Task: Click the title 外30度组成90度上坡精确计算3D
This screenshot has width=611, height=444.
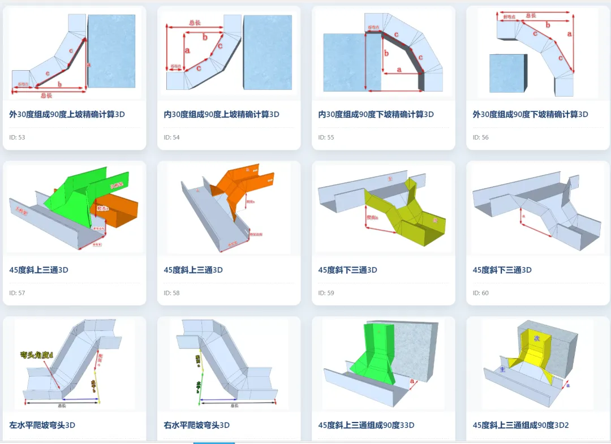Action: pyautogui.click(x=67, y=114)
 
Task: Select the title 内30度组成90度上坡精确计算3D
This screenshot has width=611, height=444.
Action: pyautogui.click(x=222, y=114)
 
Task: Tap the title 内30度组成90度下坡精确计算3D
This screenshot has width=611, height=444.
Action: pyautogui.click(x=376, y=114)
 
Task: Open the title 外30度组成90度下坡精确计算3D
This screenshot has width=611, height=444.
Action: pyautogui.click(x=531, y=114)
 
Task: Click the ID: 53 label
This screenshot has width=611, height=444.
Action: pyautogui.click(x=18, y=137)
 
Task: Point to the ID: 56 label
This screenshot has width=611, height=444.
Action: pyautogui.click(x=481, y=137)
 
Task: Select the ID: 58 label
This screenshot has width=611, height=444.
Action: pyautogui.click(x=172, y=293)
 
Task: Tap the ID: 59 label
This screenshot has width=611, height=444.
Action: pyautogui.click(x=326, y=293)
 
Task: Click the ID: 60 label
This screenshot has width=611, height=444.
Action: pyautogui.click(x=481, y=293)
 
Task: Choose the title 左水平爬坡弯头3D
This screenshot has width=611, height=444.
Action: pyautogui.click(x=42, y=425)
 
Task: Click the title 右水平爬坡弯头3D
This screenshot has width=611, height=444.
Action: pyautogui.click(x=197, y=425)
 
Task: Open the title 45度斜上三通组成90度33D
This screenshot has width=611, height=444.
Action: pyautogui.click(x=367, y=425)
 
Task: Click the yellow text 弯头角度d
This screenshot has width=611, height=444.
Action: pyautogui.click(x=37, y=355)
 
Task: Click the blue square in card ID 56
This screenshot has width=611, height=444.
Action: pyautogui.click(x=506, y=72)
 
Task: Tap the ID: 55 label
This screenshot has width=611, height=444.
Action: pyautogui.click(x=326, y=137)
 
